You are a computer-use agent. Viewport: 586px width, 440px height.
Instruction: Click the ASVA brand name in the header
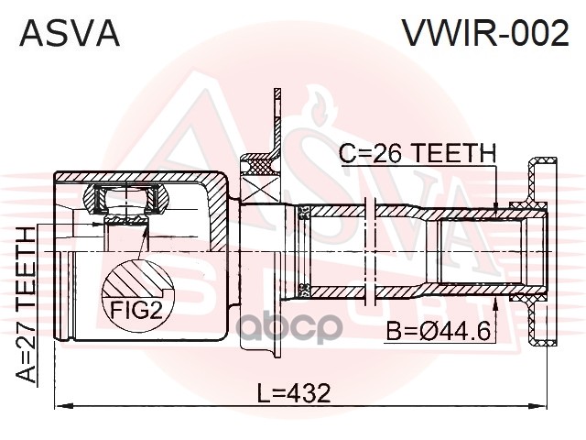point(70,33)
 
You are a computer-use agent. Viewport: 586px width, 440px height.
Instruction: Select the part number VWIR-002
point(485,33)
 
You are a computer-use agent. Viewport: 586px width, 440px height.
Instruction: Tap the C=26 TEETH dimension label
point(418,153)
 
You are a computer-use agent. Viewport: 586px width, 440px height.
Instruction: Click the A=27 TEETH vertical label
point(27,304)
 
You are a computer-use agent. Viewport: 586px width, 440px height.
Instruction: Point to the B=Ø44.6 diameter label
point(438,331)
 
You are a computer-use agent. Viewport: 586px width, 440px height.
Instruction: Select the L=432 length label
point(295,392)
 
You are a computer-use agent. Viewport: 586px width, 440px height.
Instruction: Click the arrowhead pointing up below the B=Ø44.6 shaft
point(495,305)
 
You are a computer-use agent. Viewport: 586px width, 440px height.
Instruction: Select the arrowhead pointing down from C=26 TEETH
point(495,210)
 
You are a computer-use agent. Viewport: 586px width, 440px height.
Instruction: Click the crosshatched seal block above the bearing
point(260,165)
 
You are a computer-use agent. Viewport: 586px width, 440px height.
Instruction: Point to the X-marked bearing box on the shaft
point(260,190)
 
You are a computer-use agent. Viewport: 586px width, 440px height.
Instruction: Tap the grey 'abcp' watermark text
point(290,328)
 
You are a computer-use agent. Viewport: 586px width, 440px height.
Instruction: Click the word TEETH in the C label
point(454,153)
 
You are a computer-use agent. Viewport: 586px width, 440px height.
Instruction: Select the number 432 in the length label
point(309,392)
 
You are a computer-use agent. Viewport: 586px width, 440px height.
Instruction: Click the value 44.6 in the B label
point(466,331)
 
